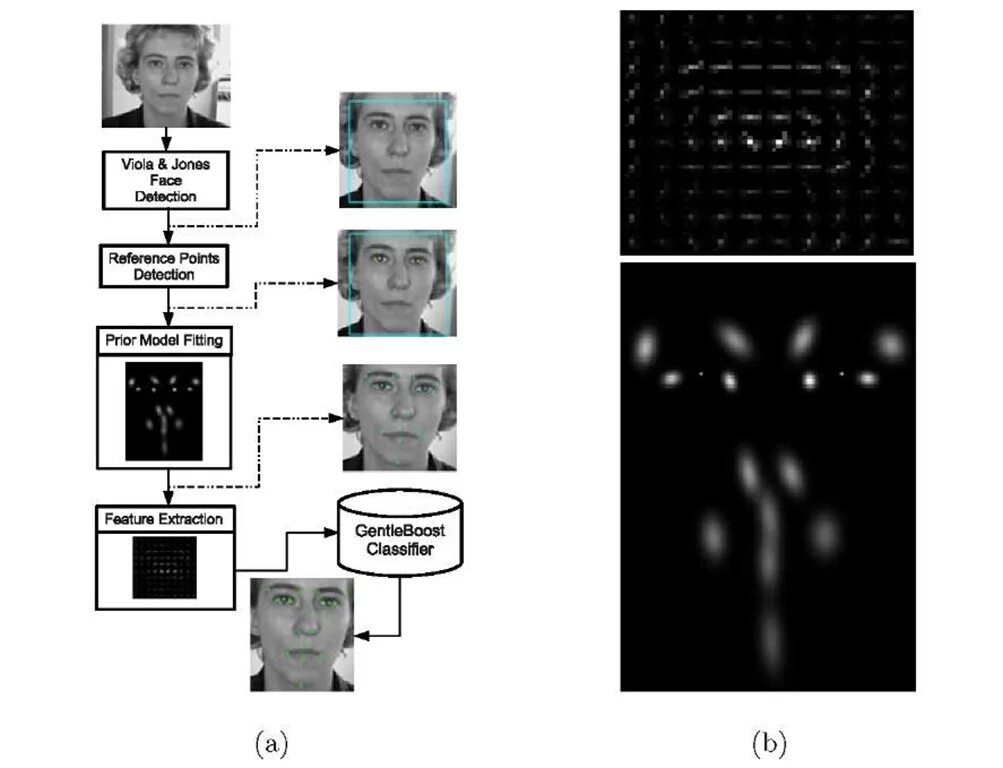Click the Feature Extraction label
tap(163, 519)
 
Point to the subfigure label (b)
tap(768, 743)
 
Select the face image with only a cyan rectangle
tap(399, 150)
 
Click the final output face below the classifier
tap(301, 634)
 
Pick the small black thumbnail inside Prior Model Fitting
tap(164, 411)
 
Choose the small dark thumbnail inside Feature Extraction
tap(164, 567)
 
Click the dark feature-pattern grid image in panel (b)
tap(766, 132)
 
